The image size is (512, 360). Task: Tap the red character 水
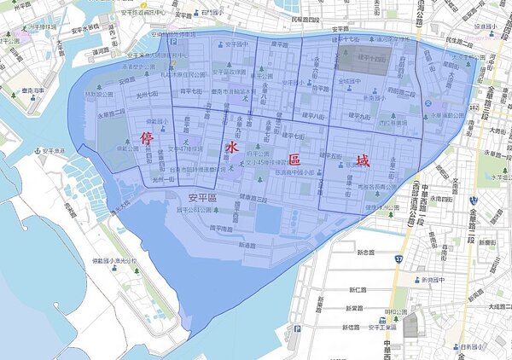(230, 149)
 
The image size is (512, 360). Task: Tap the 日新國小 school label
(472, 346)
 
